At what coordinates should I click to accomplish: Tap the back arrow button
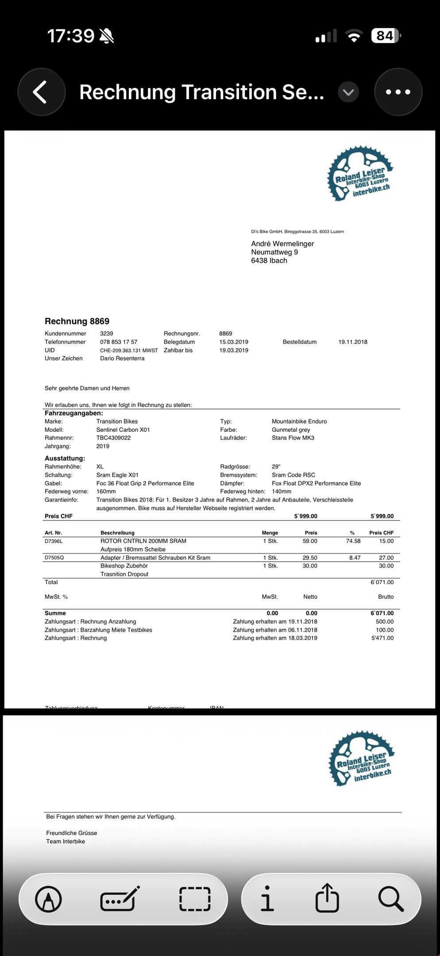click(x=41, y=92)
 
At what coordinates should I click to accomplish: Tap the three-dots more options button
click(x=398, y=92)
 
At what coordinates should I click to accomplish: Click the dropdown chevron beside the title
click(x=348, y=92)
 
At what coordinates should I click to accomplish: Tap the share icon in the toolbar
click(x=327, y=898)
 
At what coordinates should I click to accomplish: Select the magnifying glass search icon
click(x=391, y=898)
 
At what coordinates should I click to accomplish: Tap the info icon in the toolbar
click(x=267, y=898)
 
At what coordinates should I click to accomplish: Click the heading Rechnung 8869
click(x=77, y=321)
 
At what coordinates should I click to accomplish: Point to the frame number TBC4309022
click(x=113, y=438)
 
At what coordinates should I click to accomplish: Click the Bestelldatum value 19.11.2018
click(x=353, y=342)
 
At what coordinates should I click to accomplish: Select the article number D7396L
click(x=54, y=541)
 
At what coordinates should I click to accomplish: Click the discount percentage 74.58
click(x=353, y=541)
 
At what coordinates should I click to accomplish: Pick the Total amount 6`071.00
click(x=382, y=582)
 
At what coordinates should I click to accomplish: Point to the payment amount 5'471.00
click(x=382, y=638)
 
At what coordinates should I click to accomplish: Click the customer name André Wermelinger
click(x=282, y=243)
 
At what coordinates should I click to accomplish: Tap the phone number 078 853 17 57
click(x=119, y=342)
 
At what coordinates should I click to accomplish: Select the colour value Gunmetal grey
click(x=291, y=430)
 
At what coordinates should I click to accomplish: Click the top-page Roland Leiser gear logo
click(x=360, y=173)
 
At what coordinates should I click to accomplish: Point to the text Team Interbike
click(x=66, y=841)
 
